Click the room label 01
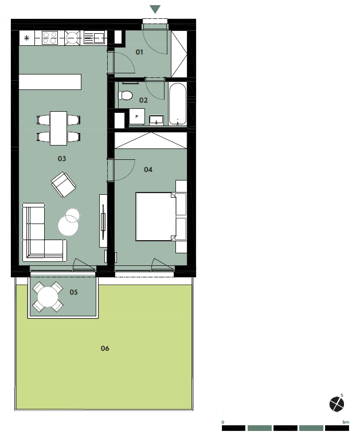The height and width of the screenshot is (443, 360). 139,52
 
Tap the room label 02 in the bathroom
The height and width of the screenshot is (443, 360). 143,100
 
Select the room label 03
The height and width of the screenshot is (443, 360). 61,159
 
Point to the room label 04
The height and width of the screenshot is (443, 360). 148,170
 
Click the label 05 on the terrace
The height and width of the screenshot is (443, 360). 73,292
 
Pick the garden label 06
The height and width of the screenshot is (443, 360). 105,348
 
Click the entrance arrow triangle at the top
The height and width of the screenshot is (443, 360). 155,9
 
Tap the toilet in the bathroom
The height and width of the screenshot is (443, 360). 126,96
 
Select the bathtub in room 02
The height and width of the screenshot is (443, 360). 178,104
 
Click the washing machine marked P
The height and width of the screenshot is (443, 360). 137,116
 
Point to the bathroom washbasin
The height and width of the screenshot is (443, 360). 156,120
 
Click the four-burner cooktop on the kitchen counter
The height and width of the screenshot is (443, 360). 50,38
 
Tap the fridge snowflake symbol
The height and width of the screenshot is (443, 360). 26,38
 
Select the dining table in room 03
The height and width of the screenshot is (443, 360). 58,128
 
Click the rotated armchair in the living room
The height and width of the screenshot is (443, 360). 64,184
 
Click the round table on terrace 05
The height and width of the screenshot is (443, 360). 48,297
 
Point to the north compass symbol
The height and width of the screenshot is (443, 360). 336,403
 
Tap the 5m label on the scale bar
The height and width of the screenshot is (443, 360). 346,422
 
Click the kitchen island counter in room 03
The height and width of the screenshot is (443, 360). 50,82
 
